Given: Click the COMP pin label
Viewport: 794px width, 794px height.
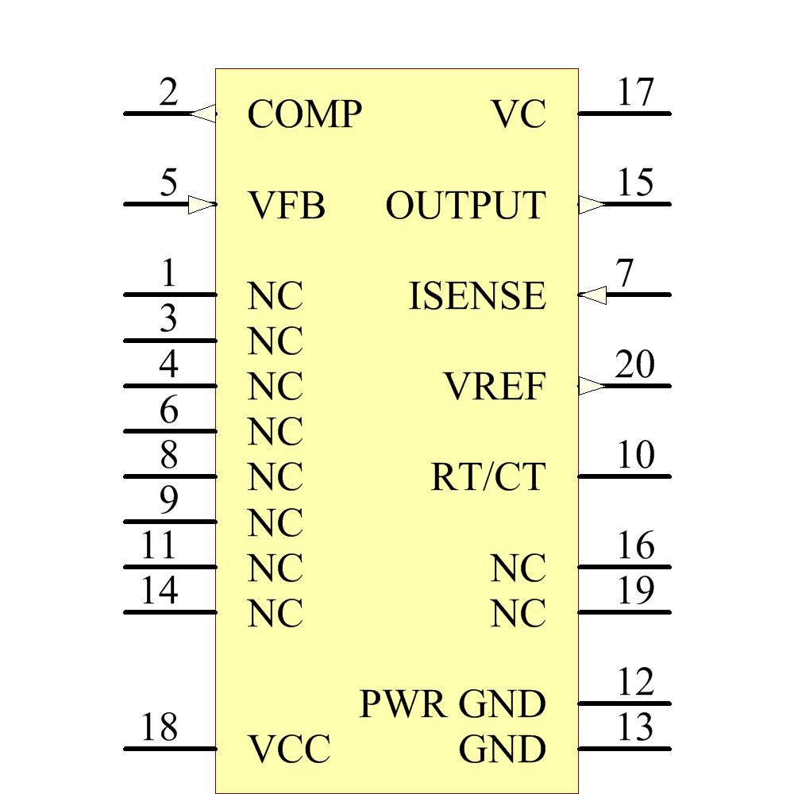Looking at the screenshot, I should pyautogui.click(x=304, y=114).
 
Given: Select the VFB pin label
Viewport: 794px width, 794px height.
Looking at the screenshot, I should pyautogui.click(x=287, y=206).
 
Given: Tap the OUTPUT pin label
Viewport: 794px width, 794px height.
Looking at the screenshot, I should pyautogui.click(x=465, y=206).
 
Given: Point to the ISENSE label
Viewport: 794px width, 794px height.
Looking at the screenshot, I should pyautogui.click(x=476, y=297).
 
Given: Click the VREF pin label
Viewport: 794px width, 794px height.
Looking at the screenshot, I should pyautogui.click(x=494, y=387).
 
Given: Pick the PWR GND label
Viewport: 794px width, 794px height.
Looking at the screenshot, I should pyautogui.click(x=453, y=704).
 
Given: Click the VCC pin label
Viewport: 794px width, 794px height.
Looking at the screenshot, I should pyautogui.click(x=288, y=750).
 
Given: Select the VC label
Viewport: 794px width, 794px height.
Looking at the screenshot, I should pyautogui.click(x=518, y=114).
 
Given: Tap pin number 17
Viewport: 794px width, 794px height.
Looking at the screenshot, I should pyautogui.click(x=635, y=93).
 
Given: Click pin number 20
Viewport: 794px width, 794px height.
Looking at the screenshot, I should pyautogui.click(x=634, y=365).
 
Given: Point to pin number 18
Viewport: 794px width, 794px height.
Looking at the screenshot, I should pyautogui.click(x=159, y=727).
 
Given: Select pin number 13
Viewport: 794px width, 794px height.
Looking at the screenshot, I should pyautogui.click(x=635, y=727).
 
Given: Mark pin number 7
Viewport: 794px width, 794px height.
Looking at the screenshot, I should pyautogui.click(x=626, y=274).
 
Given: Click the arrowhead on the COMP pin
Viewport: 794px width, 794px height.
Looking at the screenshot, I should pyautogui.click(x=203, y=114).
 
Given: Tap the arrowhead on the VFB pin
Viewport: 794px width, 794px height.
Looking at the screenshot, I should pyautogui.click(x=202, y=205).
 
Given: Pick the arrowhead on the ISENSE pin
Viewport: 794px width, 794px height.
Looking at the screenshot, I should pyautogui.click(x=592, y=295).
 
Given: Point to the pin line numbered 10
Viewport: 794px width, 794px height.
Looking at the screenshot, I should pyautogui.click(x=624, y=476).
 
